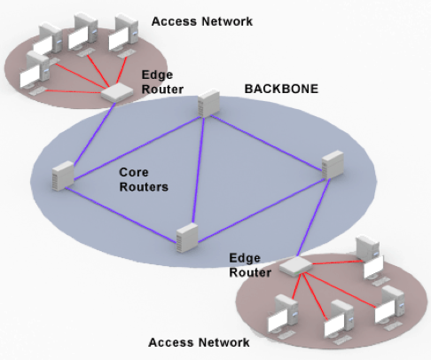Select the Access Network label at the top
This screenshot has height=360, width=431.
click(202, 20)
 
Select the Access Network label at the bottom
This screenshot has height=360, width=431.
click(199, 341)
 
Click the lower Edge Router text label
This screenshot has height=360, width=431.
click(250, 264)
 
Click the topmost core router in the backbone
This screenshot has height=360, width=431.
click(206, 106)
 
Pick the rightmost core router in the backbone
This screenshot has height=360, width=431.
click(332, 164)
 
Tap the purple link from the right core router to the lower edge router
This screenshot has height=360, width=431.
click(314, 223)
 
